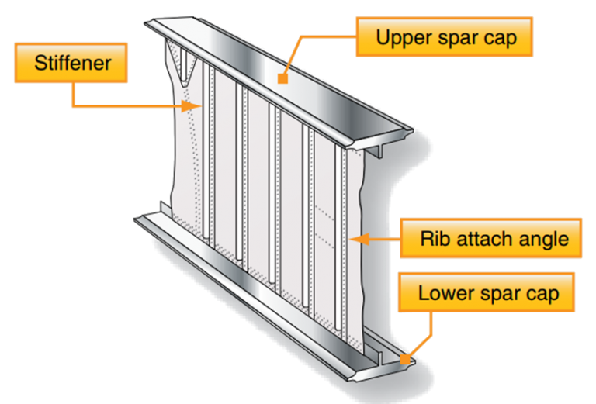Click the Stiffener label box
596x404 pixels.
click(71, 63)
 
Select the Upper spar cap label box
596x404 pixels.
click(444, 36)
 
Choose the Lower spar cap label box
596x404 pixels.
click(487, 294)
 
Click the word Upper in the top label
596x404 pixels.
click(399, 36)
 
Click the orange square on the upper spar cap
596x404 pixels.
click(284, 78)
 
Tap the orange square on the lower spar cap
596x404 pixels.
click(404, 359)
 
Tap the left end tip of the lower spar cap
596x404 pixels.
click(138, 219)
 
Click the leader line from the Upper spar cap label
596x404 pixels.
click(310, 36)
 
